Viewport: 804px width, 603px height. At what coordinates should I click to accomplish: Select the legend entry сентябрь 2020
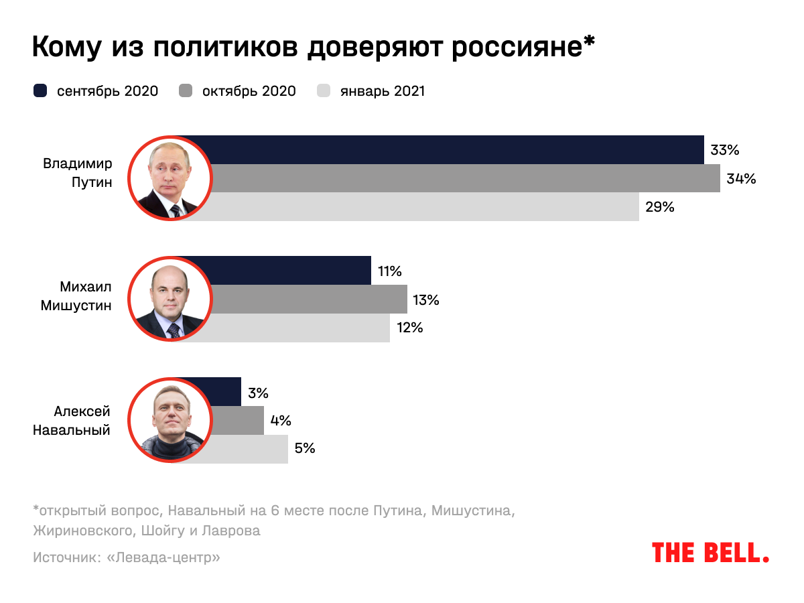[96, 91]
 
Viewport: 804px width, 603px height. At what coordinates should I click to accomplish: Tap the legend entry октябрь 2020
[238, 91]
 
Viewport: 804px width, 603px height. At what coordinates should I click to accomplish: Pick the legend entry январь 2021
[371, 91]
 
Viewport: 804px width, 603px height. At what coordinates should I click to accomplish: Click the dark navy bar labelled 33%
[456, 149]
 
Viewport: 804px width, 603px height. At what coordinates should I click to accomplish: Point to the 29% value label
[659, 207]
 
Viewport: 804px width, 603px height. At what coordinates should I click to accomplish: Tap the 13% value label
[426, 299]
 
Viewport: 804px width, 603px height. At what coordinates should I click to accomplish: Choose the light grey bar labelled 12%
[301, 328]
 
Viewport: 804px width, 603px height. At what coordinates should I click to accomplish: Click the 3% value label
[258, 393]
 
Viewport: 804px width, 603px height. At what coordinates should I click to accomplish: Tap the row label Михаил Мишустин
[76, 295]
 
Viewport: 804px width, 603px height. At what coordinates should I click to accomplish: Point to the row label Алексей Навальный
[72, 421]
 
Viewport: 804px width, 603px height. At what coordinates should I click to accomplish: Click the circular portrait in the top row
[170, 178]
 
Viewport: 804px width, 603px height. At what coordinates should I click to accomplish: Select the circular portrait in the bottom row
[170, 420]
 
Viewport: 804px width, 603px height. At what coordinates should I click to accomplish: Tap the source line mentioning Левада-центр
[126, 557]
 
